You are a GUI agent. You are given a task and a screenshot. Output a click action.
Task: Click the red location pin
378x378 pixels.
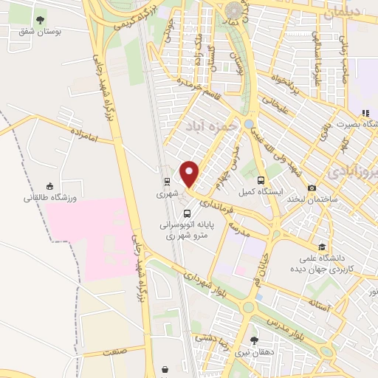coord(190,174)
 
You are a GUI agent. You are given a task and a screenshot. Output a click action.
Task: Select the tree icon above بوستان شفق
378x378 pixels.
coord(39,21)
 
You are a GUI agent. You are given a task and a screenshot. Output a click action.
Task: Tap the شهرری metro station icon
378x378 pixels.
coord(167,181)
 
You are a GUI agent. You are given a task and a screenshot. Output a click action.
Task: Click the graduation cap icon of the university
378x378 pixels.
coord(321,247)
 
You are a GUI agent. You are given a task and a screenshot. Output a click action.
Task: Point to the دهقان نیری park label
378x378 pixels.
coord(254,353)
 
